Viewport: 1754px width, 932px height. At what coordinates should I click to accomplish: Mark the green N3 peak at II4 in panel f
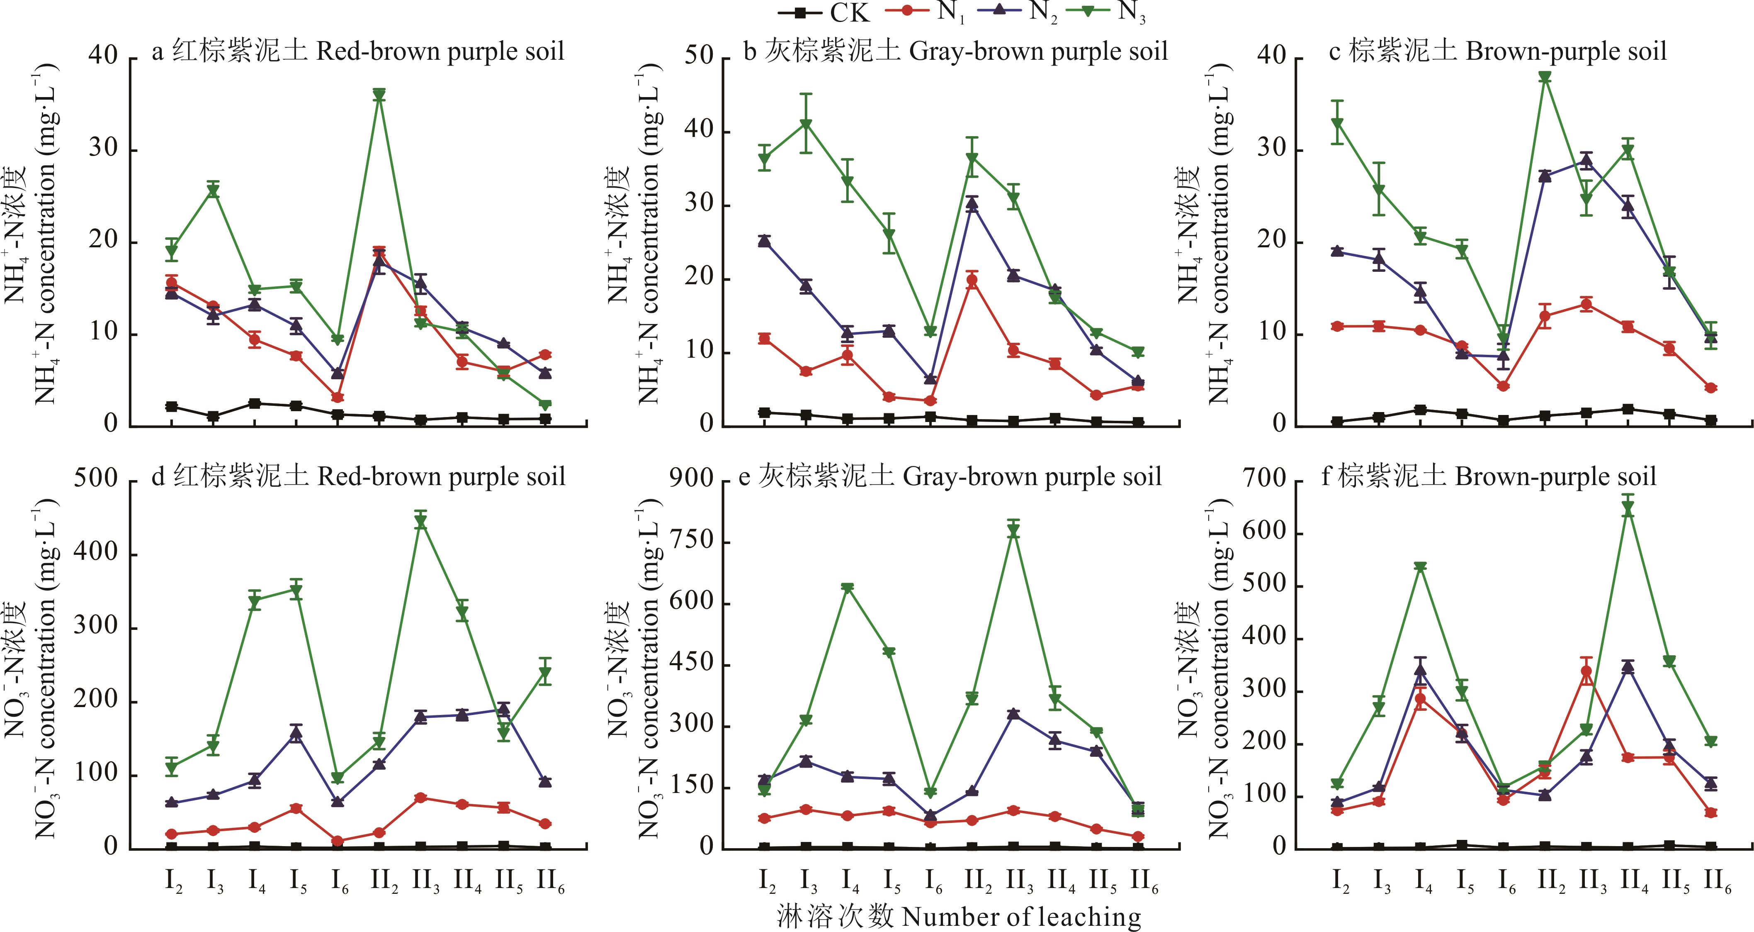1628,508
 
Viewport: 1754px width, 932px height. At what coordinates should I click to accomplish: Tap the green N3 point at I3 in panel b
806,124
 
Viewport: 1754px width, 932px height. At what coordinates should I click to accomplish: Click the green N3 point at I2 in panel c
1337,123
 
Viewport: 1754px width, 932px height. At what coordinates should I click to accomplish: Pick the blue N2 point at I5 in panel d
296,734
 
